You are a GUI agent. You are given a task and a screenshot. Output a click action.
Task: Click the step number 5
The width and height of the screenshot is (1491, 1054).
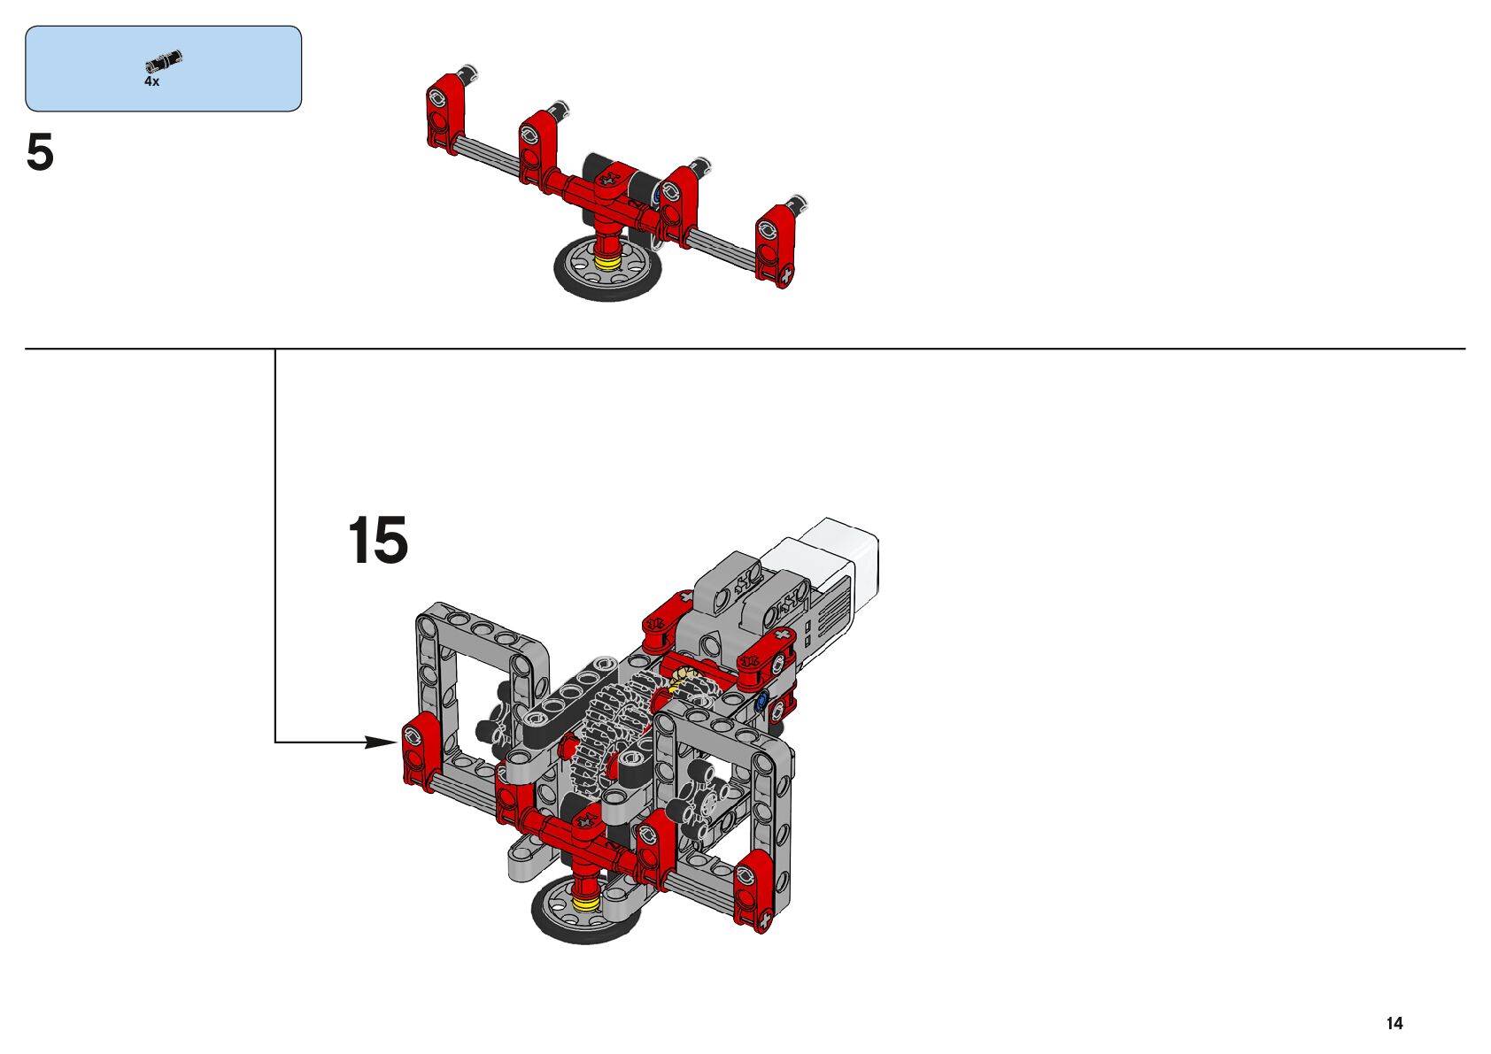click(40, 152)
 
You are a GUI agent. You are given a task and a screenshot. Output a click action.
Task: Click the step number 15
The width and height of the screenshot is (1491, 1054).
click(378, 540)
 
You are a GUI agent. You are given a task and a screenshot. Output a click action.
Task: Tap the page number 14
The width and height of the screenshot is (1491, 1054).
click(1394, 1023)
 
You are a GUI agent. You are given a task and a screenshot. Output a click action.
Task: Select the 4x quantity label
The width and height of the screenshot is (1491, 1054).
click(151, 81)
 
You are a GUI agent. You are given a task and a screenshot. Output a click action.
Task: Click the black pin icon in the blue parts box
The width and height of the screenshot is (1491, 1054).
click(163, 61)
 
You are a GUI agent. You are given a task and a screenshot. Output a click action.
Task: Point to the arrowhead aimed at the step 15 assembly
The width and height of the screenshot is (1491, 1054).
click(382, 742)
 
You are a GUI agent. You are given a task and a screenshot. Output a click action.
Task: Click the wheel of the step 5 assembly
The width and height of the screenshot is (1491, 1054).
click(606, 268)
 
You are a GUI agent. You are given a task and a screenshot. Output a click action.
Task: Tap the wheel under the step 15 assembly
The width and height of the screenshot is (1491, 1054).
click(586, 908)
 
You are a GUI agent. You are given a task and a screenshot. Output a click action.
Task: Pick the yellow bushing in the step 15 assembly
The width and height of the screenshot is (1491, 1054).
click(586, 903)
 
